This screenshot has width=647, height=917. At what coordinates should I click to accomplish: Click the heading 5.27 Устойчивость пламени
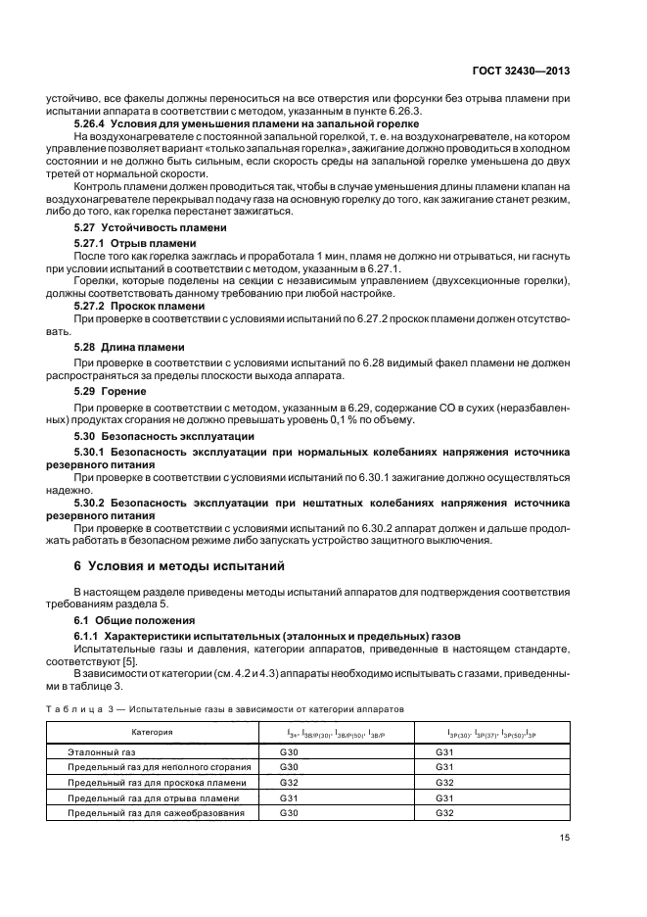click(150, 227)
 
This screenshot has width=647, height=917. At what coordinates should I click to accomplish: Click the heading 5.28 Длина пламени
click(130, 347)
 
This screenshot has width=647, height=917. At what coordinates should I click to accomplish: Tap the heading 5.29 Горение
click(111, 391)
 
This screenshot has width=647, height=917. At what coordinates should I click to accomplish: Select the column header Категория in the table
click(152, 732)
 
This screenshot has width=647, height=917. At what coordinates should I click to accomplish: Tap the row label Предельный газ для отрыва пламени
click(152, 797)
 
